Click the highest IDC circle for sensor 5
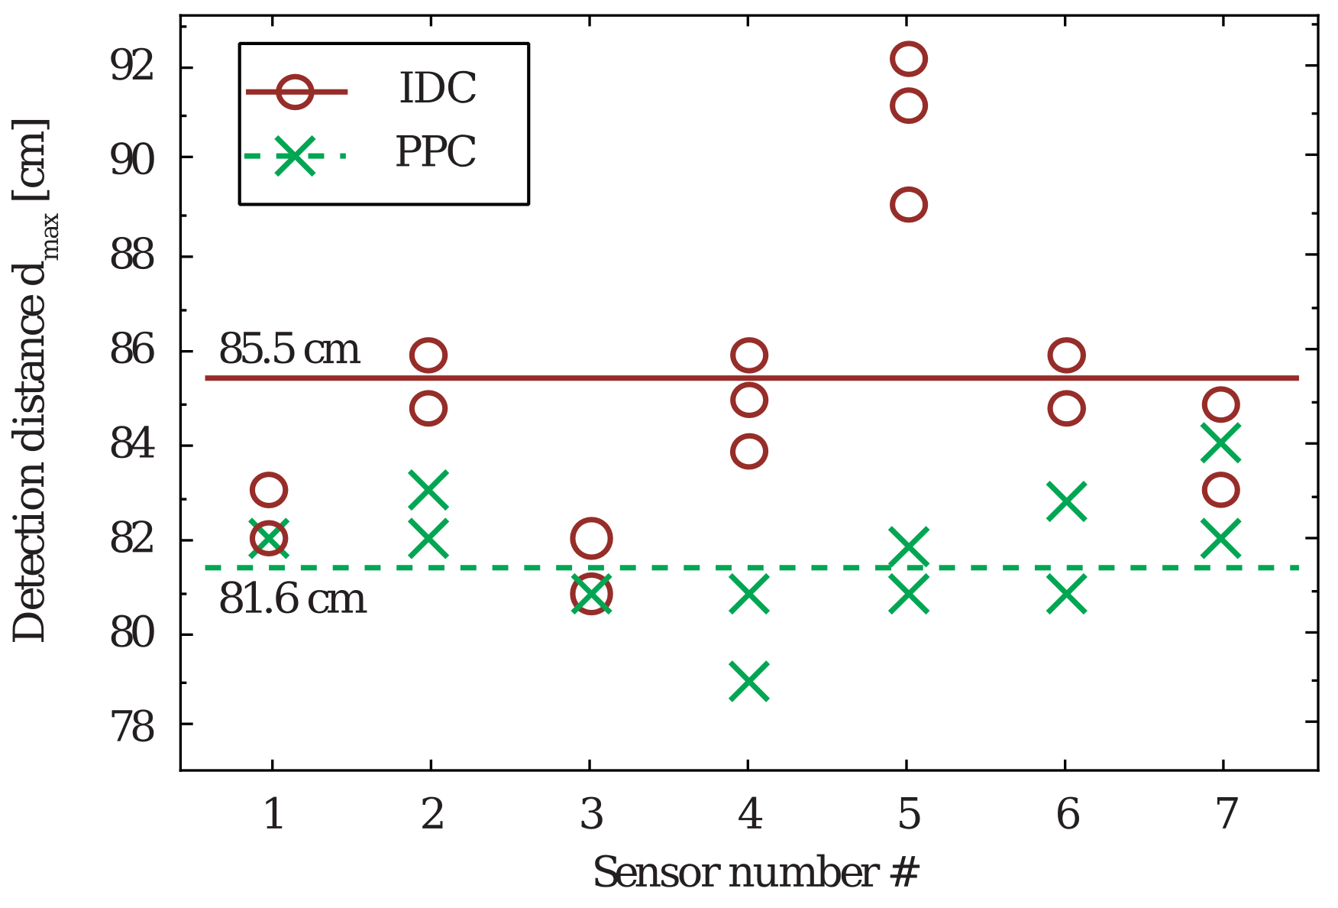tap(908, 59)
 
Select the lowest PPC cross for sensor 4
tap(749, 681)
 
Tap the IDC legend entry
tap(438, 89)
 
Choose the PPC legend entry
tap(436, 153)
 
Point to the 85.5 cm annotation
tap(289, 350)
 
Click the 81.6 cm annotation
tap(292, 598)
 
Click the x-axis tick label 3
tap(591, 814)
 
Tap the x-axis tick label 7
tap(1225, 814)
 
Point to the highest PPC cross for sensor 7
tap(1220, 443)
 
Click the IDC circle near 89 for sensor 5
tap(908, 205)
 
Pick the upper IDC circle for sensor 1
tap(268, 489)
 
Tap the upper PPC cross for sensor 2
tap(428, 490)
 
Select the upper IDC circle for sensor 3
tap(590, 539)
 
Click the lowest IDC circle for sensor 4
tap(748, 451)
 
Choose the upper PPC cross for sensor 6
tap(1066, 502)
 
